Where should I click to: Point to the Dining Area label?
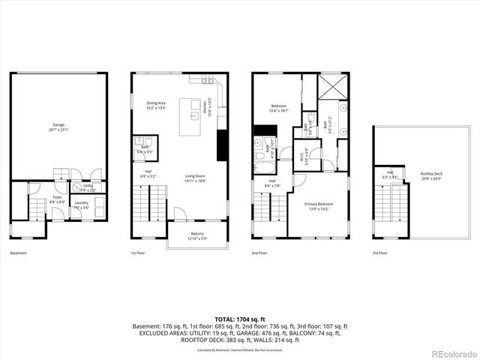(156, 105)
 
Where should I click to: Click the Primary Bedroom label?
(319, 205)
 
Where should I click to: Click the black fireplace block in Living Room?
(222, 145)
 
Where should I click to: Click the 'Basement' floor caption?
(19, 253)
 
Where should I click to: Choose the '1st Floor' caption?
(139, 253)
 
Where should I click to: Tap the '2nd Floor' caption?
(259, 253)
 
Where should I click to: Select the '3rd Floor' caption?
(380, 253)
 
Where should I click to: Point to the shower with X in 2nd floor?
(332, 86)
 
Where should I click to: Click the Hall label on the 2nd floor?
(272, 182)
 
